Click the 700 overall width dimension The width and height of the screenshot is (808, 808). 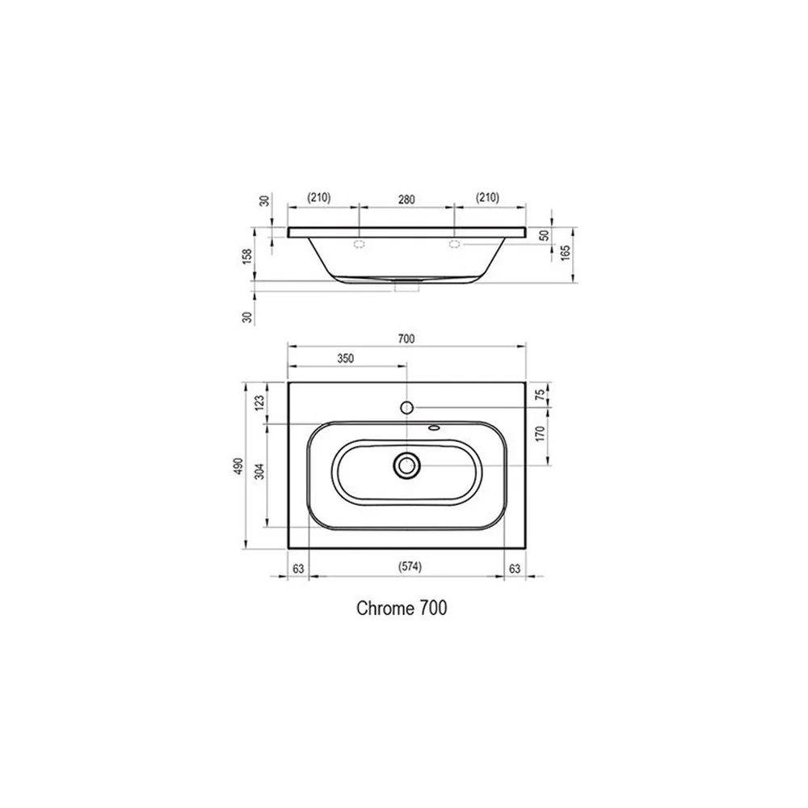(406, 339)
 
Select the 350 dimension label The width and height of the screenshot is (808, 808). (345, 358)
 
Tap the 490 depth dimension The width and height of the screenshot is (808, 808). (238, 466)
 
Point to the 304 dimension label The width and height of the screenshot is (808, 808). (259, 471)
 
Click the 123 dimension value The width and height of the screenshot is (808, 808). (259, 403)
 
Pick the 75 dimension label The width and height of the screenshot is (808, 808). (540, 395)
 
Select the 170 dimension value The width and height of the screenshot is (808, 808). (540, 434)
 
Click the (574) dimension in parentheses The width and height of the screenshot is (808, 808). (410, 567)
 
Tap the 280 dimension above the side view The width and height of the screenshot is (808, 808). (406, 200)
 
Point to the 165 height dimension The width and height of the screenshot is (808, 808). (566, 252)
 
